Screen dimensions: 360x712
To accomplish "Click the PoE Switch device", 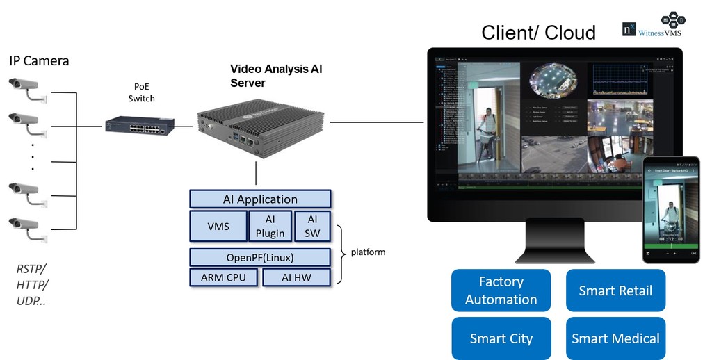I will coord(140,125).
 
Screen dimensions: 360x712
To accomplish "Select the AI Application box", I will coord(260,199).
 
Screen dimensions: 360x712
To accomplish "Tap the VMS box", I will coord(218,226).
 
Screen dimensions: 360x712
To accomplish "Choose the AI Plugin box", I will coord(270,226).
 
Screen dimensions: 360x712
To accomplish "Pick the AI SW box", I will coord(312,226).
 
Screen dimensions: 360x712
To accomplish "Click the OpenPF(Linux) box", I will coord(260,257).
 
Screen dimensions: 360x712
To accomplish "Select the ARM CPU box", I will coord(223,277).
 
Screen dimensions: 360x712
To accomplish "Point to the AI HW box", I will coord(296,277).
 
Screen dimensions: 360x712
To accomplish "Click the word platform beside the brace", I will coord(368,252).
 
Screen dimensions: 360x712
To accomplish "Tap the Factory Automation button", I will coord(501,291).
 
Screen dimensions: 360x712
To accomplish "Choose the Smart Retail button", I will coord(615,291).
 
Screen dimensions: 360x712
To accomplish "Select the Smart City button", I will coord(501,338).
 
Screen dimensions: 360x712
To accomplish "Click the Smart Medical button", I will coord(615,338).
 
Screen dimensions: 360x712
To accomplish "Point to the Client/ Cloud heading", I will coord(538,33).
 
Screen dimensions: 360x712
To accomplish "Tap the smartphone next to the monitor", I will coord(670,209).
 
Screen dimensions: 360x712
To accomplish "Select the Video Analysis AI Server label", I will coord(276,76).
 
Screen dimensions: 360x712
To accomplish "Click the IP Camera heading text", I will coord(39,60).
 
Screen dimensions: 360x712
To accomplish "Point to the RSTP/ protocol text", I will coord(32,268).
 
